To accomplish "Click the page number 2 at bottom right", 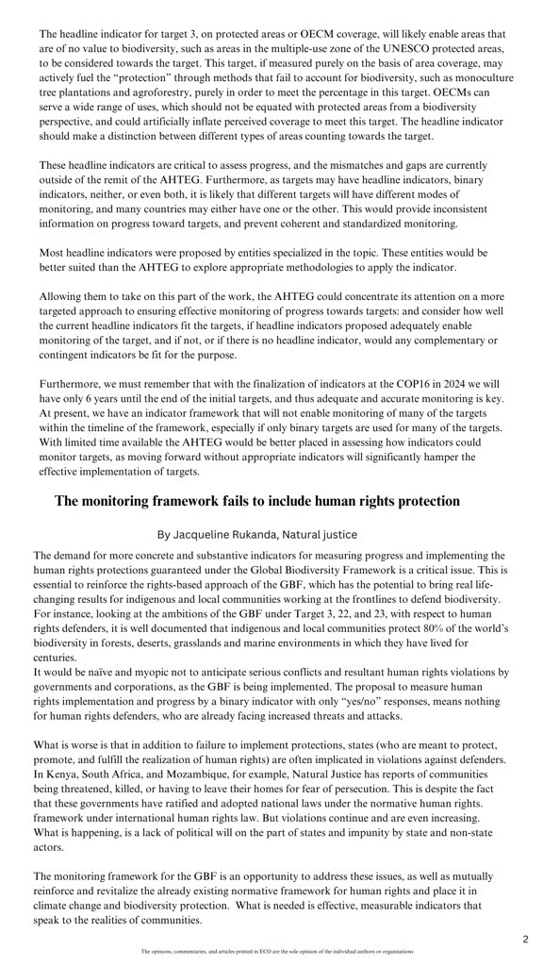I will [526, 939].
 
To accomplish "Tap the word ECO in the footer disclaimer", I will [252, 952].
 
